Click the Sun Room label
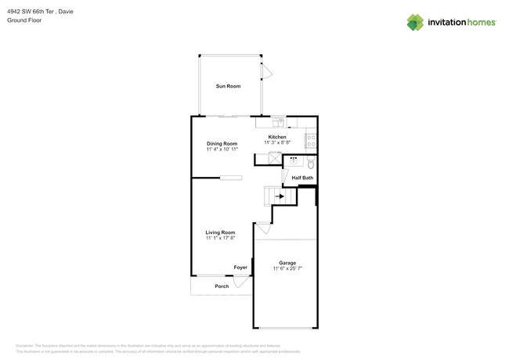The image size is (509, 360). pyautogui.click(x=228, y=86)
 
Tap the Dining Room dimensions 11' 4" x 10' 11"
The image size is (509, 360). pyautogui.click(x=222, y=149)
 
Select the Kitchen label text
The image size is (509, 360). pyautogui.click(x=277, y=137)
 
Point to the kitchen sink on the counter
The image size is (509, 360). pyautogui.click(x=278, y=122)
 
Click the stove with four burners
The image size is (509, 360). pyautogui.click(x=310, y=141)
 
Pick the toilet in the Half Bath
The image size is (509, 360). pyautogui.click(x=310, y=164)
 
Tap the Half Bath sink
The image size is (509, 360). pyautogui.click(x=295, y=160)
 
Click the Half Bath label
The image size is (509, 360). pyautogui.click(x=302, y=178)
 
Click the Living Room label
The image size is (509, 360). pyautogui.click(x=220, y=232)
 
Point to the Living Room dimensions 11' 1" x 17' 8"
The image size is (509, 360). pyautogui.click(x=220, y=238)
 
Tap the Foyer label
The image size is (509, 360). pyautogui.click(x=240, y=268)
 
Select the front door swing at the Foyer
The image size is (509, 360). pyautogui.click(x=241, y=283)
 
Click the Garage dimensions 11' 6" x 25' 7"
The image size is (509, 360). pyautogui.click(x=287, y=268)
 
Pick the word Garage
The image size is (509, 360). pyautogui.click(x=287, y=262)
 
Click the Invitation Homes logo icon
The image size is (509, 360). pyautogui.click(x=417, y=23)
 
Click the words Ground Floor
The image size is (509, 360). pyautogui.click(x=24, y=21)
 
